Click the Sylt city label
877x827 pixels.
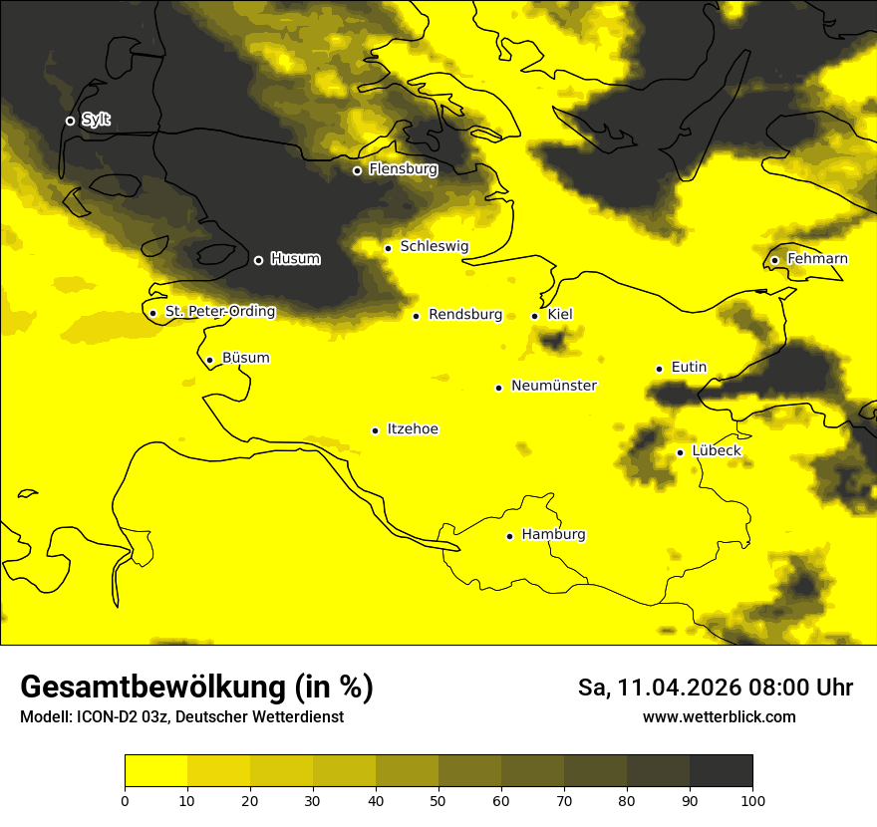point(96,120)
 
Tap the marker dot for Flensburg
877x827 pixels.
point(357,170)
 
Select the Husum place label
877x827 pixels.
point(295,259)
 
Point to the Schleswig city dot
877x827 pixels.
point(388,248)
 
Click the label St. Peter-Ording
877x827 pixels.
point(219,312)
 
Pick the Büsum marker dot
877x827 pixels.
point(209,360)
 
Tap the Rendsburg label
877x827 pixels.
point(464,315)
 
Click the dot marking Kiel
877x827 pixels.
point(535,316)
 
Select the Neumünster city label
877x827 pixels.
point(553,386)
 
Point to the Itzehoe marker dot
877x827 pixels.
point(375,430)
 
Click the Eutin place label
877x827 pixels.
point(689,368)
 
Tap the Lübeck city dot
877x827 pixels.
point(680,452)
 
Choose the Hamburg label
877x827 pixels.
point(553,535)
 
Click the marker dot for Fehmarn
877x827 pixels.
point(774,260)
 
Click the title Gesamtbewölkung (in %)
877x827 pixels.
point(196,688)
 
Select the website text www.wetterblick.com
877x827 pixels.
point(719,717)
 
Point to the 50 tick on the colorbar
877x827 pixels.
point(438,799)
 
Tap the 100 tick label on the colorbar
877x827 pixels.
point(752,799)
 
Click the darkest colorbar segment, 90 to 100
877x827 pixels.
point(721,771)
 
